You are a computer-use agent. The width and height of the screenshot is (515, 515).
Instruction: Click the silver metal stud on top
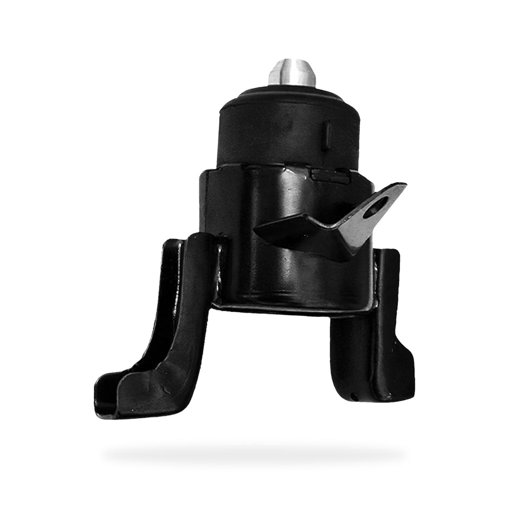click(x=292, y=73)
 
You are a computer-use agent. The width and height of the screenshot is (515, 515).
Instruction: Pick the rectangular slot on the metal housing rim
click(x=330, y=175)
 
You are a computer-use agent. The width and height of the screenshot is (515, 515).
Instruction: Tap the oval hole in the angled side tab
click(x=376, y=207)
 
